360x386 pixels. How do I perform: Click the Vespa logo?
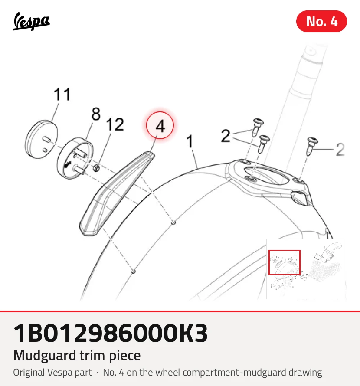point(31,21)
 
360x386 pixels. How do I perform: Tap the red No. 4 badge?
point(321,21)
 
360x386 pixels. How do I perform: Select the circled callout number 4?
point(160,125)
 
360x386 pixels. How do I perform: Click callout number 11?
point(62,94)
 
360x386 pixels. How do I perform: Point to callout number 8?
point(96,114)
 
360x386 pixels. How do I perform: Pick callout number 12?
point(115,124)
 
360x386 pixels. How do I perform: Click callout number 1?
point(190,141)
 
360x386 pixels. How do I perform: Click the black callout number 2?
point(226,136)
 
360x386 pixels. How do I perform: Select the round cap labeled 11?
point(41,139)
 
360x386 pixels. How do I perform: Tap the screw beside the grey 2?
point(312,146)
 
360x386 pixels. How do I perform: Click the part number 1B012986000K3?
point(110,333)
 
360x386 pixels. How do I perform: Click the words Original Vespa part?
point(52,373)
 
